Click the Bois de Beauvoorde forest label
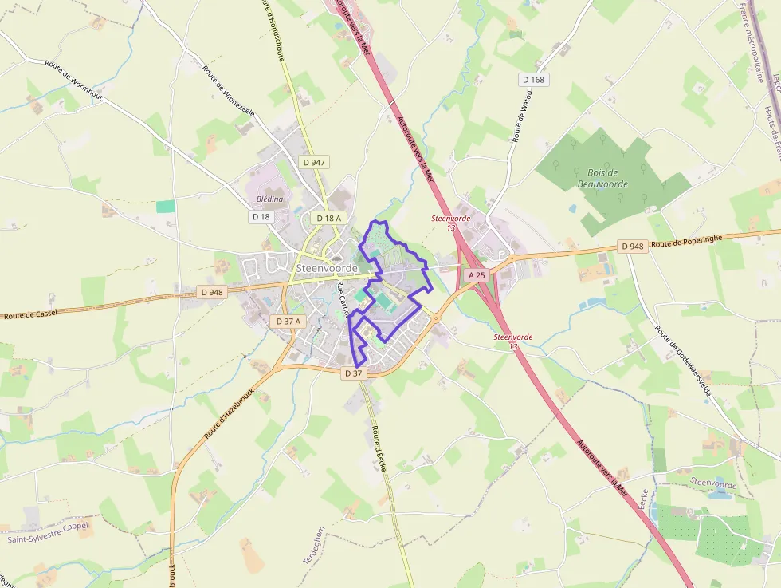tap(602, 178)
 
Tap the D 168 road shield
tap(534, 79)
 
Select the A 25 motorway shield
tap(477, 274)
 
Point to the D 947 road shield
tap(314, 162)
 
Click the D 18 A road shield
tap(328, 218)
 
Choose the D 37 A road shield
tap(288, 321)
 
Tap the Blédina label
tap(270, 199)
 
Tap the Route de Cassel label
tap(30, 314)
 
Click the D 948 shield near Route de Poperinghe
tap(632, 246)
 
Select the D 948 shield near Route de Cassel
tap(213, 292)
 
